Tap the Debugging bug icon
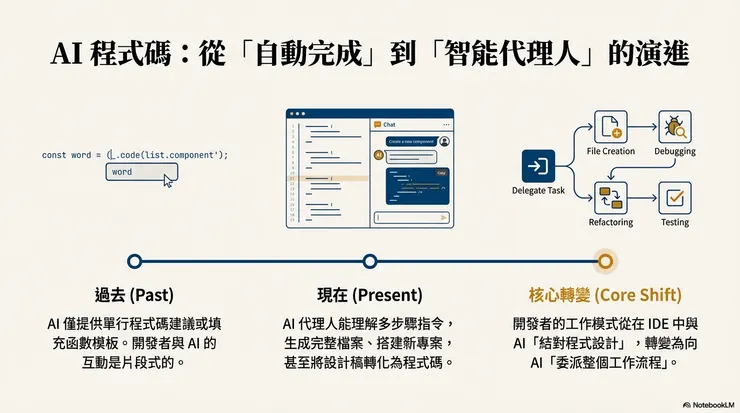pos(676,126)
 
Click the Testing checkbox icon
pos(676,197)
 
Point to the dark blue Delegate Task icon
pos(538,165)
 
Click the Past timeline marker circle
pos(134,261)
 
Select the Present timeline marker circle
pos(370,261)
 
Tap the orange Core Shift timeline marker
pos(605,261)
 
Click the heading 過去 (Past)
pos(134,296)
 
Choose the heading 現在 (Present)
pos(369,296)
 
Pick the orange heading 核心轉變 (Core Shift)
pos(605,296)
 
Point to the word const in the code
pos(54,155)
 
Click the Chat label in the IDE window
pos(390,124)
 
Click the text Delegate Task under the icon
pos(538,189)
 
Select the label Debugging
pos(675,151)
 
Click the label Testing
pos(675,222)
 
